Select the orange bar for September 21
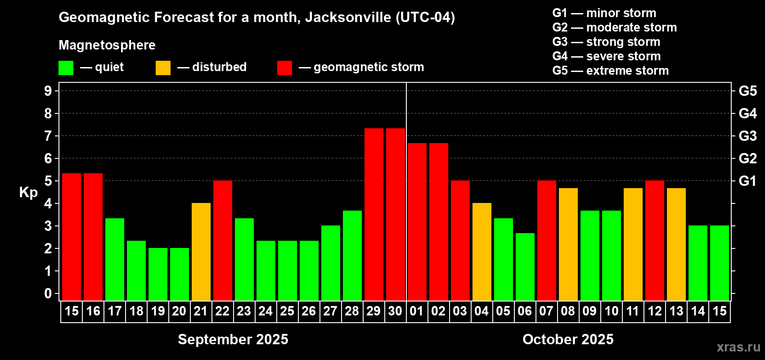pos(201,252)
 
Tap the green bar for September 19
pos(158,274)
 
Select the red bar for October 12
pos(655,240)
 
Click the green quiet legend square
pos(66,68)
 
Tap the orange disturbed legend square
pos(163,68)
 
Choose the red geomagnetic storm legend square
pos(284,68)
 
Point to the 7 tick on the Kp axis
pos(48,136)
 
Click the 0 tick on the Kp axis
pos(48,293)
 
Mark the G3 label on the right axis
pos(747,136)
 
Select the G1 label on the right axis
pos(747,181)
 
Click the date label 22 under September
pos(222,311)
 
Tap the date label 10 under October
pos(611,311)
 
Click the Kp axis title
pos(28,192)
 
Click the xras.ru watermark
pos(738,346)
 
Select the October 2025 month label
pos(568,339)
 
